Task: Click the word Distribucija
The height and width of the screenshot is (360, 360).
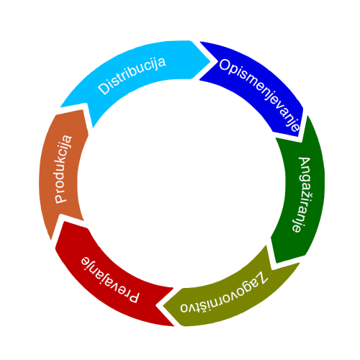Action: (132, 76)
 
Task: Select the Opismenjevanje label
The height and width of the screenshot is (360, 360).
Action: (260, 94)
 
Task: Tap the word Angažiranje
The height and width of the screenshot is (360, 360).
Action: (302, 195)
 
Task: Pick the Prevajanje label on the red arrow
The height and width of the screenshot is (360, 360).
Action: (110, 280)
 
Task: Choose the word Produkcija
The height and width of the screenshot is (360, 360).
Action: (63, 169)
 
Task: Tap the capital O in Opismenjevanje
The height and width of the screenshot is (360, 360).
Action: (225, 66)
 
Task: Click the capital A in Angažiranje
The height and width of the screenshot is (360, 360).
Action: (305, 163)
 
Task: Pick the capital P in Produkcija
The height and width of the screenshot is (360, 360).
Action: (61, 198)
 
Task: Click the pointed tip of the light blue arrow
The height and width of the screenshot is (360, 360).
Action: (210, 61)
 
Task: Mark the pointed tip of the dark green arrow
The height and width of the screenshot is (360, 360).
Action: (276, 263)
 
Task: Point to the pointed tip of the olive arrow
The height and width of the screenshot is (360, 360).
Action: (163, 306)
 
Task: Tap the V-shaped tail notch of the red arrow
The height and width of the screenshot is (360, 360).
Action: (156, 306)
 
